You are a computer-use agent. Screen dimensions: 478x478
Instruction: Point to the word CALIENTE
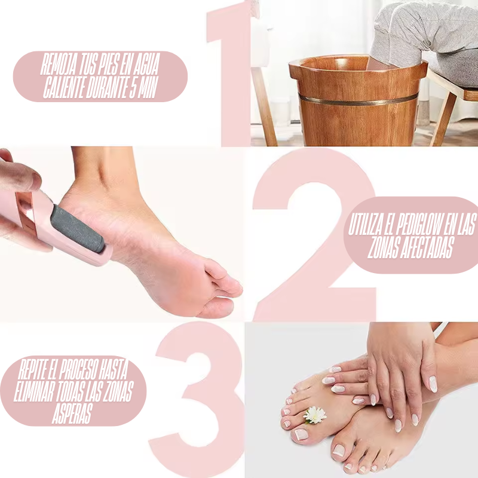(63, 88)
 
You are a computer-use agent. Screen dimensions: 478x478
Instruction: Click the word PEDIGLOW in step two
(417, 226)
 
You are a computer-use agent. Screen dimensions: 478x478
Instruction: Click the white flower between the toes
(315, 415)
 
